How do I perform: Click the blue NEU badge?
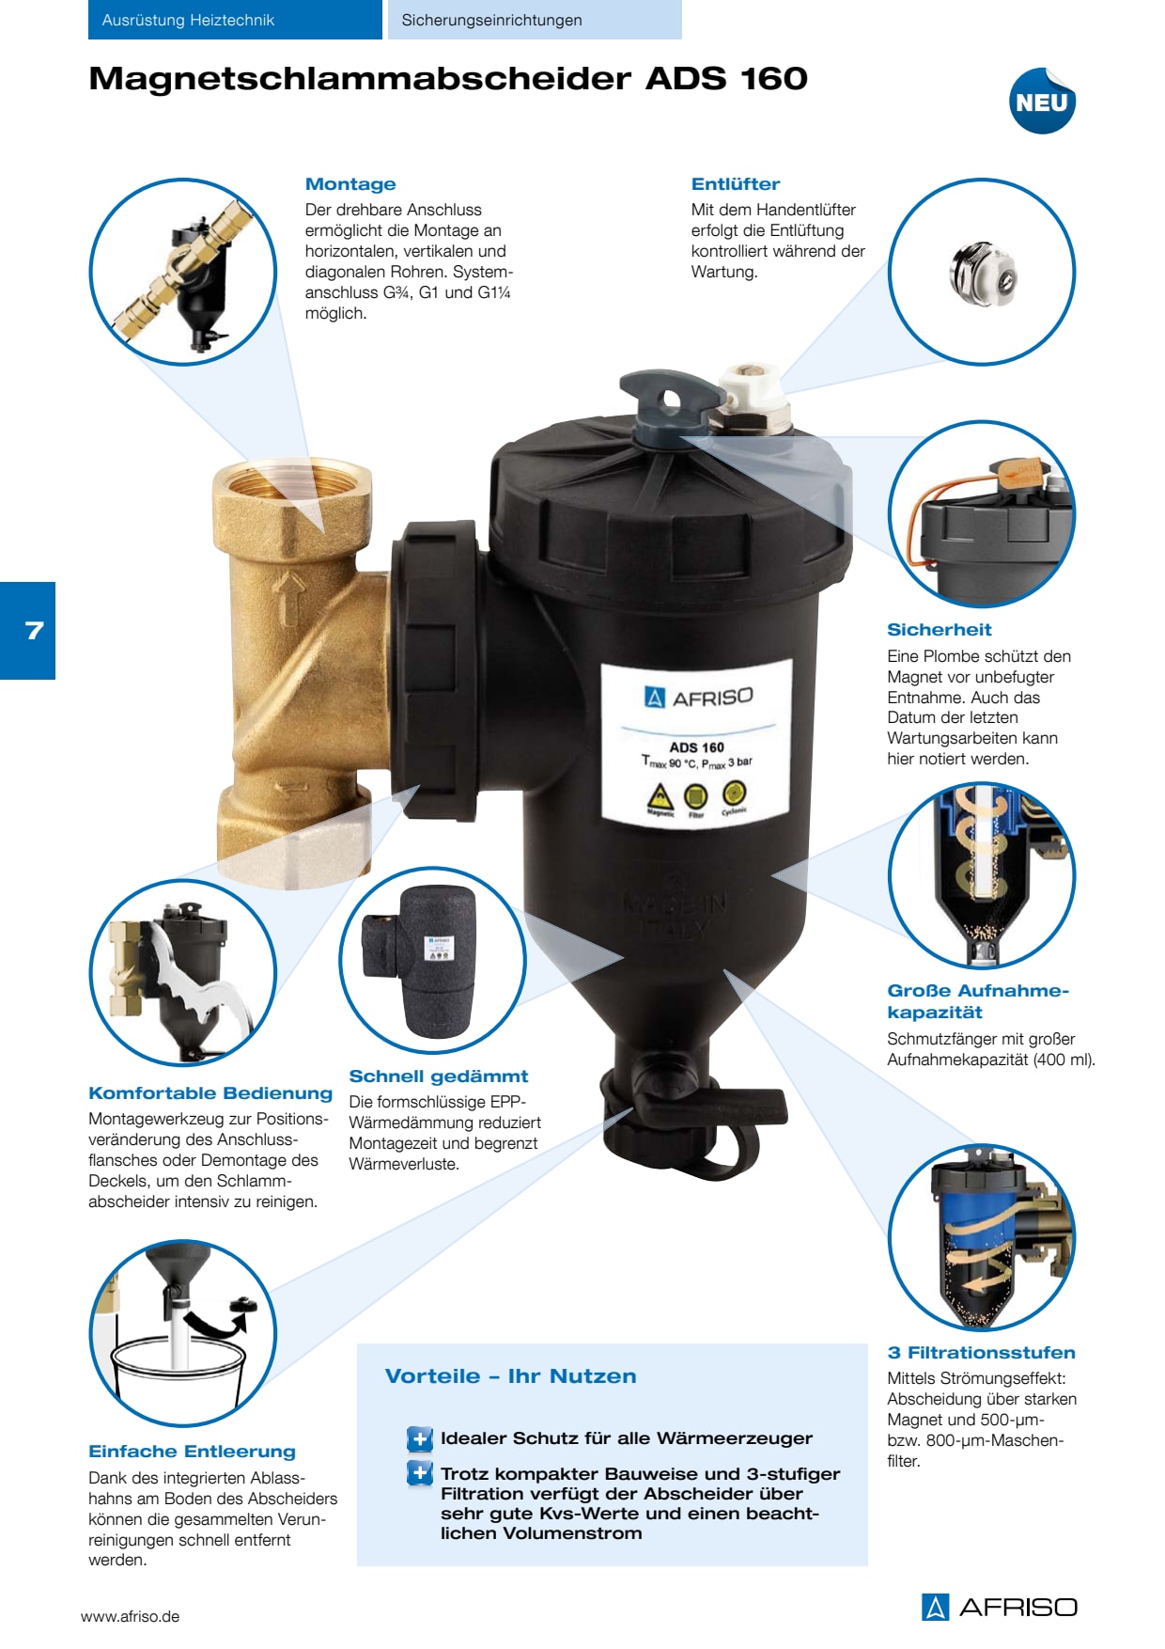pos(1042,101)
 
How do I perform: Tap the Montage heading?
pos(350,184)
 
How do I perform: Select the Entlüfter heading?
pos(736,184)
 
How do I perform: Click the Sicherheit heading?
pos(940,630)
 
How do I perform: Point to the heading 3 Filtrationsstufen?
pos(982,1353)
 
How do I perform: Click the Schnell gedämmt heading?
pos(439,1076)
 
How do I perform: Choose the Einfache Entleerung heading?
pos(193,1452)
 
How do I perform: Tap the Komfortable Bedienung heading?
pos(210,1093)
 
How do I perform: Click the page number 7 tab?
pos(28,630)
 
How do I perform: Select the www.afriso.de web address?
pos(130,1617)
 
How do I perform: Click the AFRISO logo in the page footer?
pos(1000,1607)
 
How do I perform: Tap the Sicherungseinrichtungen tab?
pos(535,20)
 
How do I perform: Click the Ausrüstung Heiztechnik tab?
pos(235,20)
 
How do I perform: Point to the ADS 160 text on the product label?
pos(697,747)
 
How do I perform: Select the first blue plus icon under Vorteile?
pos(420,1438)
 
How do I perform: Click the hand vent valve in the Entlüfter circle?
pos(983,273)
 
